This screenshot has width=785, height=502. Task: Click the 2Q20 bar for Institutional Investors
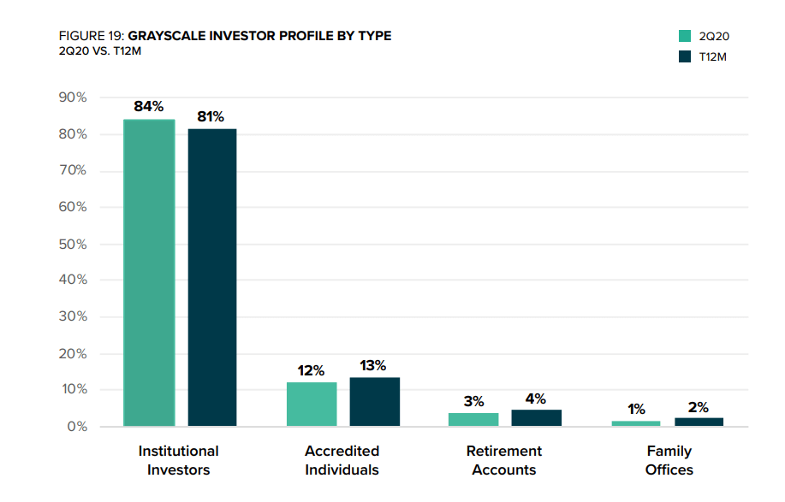[149, 273]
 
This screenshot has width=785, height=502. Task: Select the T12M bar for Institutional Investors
[212, 277]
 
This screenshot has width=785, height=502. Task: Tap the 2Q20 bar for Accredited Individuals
[312, 404]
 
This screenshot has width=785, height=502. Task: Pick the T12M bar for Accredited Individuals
[374, 401]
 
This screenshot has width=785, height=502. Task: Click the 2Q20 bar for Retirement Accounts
[473, 420]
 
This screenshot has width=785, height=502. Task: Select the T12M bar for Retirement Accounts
[536, 418]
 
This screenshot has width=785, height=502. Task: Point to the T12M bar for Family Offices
[699, 422]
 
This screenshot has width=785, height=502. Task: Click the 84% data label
[149, 106]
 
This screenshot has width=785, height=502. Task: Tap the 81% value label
[211, 116]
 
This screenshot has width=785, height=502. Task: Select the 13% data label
[373, 365]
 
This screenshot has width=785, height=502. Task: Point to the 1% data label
[636, 409]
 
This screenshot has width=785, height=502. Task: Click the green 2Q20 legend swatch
[685, 36]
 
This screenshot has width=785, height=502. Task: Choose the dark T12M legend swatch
[685, 56]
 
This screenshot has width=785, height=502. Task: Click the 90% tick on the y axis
[73, 97]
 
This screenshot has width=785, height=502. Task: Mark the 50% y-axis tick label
[73, 245]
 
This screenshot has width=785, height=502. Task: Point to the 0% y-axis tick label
[78, 427]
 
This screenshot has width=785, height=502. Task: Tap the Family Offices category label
[669, 460]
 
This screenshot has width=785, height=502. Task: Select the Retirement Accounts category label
[504, 460]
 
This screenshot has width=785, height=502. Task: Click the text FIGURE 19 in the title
[91, 36]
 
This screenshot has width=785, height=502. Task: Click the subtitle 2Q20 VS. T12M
[100, 51]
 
